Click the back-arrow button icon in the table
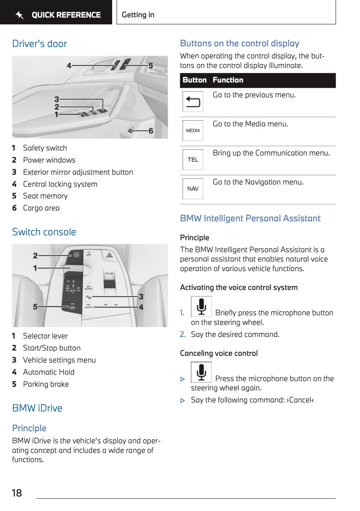(193, 101)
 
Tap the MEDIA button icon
(193, 130)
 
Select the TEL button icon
(193, 160)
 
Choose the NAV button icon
(193, 189)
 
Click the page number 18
(17, 493)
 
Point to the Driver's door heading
(40, 44)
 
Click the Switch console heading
(44, 232)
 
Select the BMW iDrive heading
(37, 408)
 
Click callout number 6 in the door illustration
(151, 131)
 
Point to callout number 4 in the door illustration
(69, 66)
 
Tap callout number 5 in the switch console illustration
(35, 307)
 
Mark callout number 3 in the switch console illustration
(141, 297)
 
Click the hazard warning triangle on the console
(109, 255)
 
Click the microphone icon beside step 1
(201, 306)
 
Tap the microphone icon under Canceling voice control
(201, 372)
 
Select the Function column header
(228, 80)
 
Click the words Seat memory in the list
(45, 196)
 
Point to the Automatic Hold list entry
(49, 372)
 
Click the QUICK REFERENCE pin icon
(19, 15)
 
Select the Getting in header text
(138, 15)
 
